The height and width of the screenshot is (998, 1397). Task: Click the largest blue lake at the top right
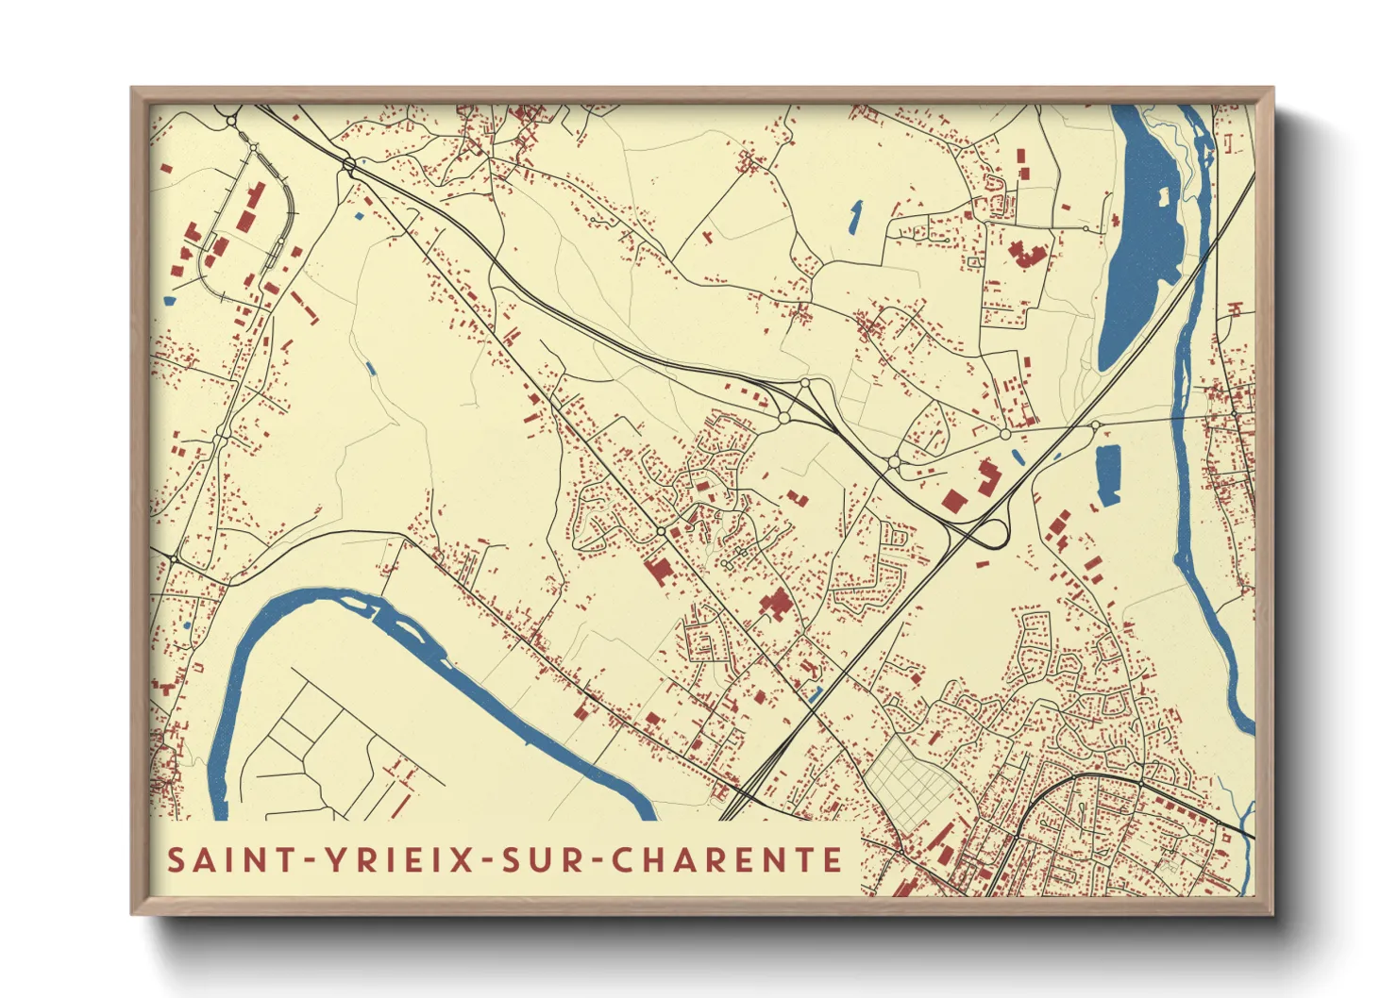1141,245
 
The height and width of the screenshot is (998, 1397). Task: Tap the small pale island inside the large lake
1164,196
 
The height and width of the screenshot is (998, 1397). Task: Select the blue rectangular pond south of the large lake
1107,474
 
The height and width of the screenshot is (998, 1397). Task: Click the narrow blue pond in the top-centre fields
855,217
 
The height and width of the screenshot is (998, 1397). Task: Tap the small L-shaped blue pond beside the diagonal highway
816,694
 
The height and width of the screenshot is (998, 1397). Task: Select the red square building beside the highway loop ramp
953,500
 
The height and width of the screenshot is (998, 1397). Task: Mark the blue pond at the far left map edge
169,301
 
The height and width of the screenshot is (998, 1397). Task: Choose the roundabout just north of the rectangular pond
1095,425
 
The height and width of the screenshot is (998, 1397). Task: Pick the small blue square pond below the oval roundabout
359,216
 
